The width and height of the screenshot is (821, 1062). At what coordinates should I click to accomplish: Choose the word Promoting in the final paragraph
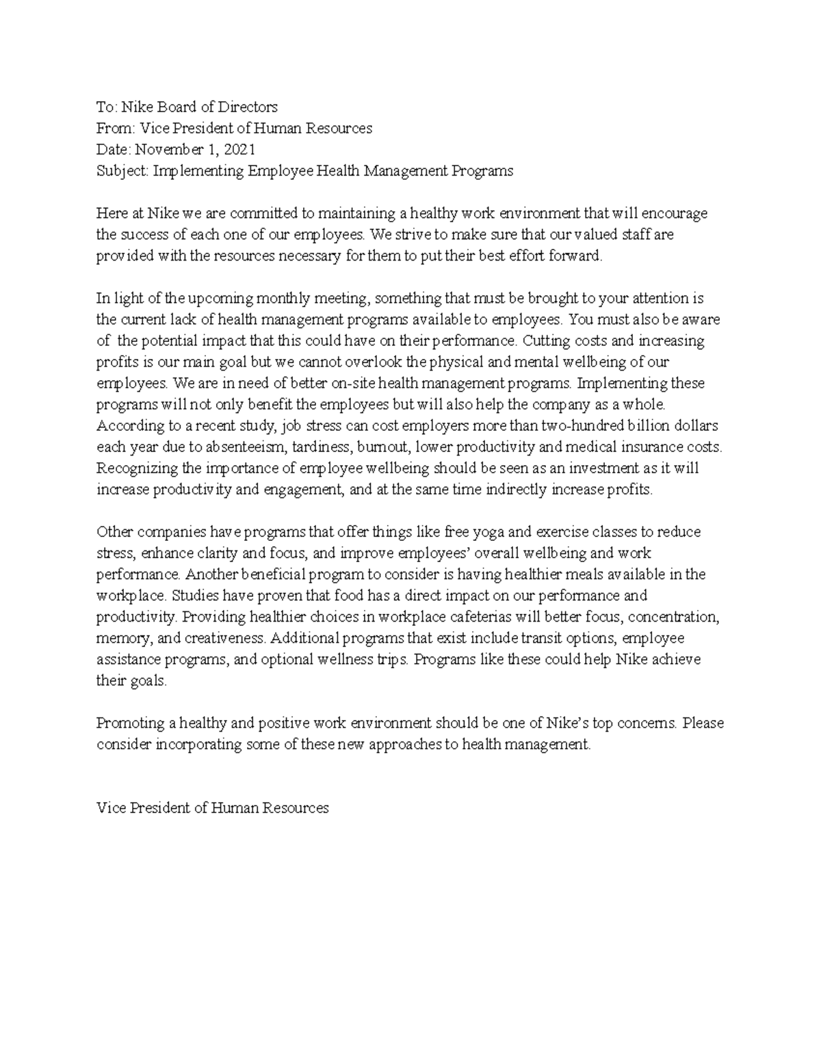pos(131,724)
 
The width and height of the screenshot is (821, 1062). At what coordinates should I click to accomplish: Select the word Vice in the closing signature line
pos(112,808)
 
